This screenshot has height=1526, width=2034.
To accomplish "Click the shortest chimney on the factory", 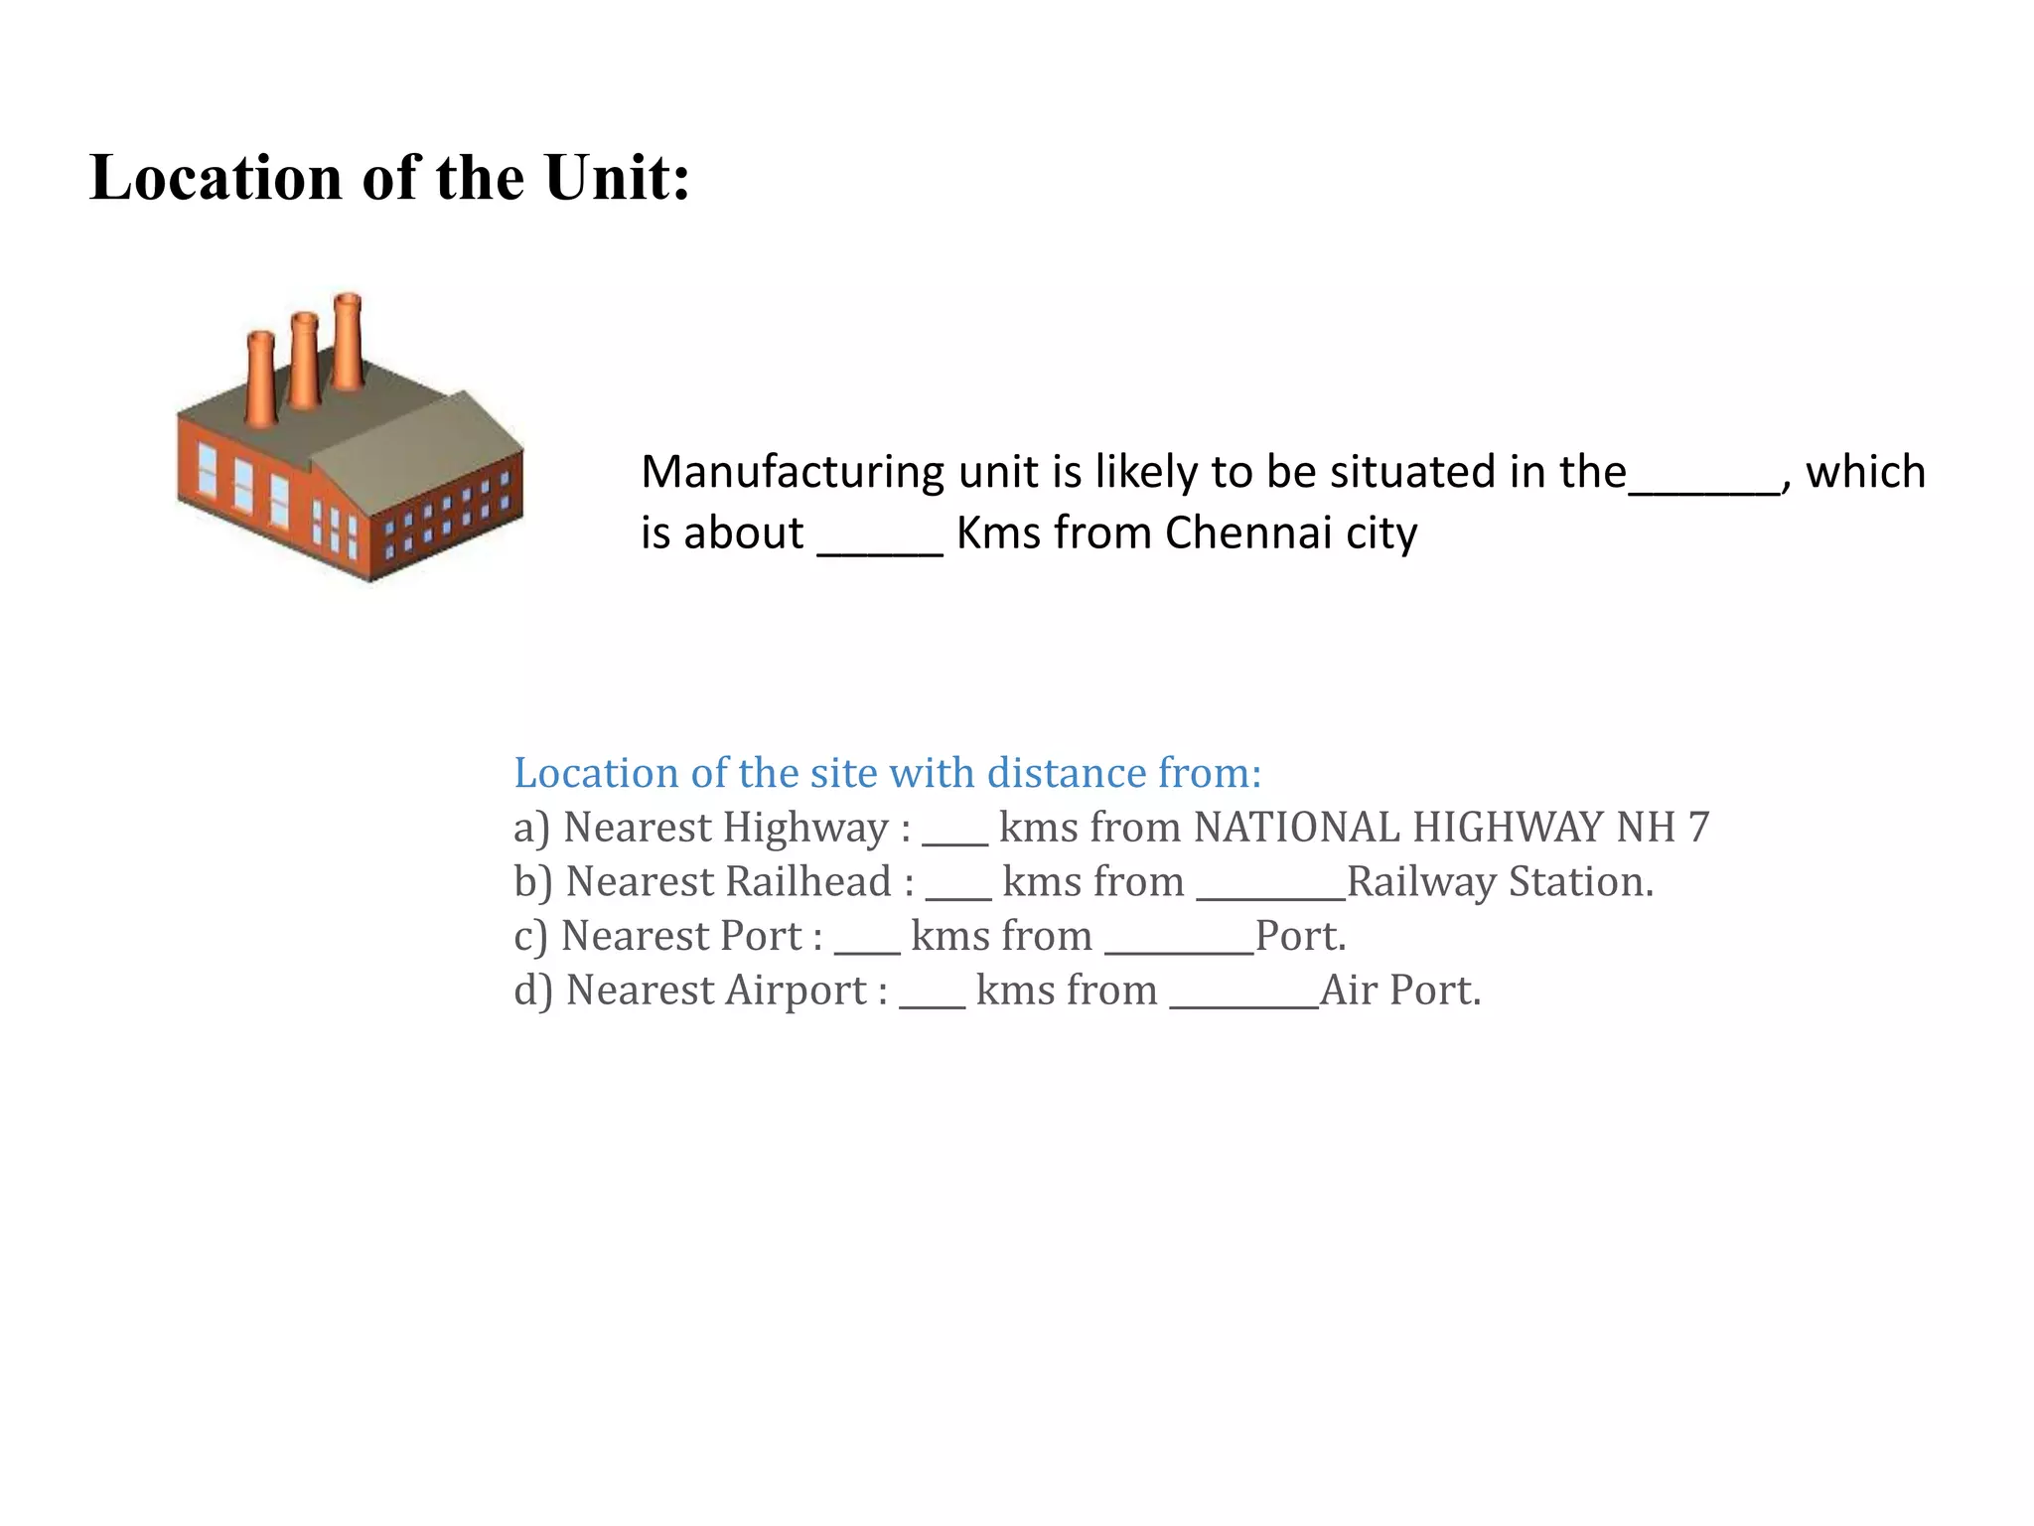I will (x=260, y=379).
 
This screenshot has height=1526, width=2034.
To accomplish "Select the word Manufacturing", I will (x=792, y=473).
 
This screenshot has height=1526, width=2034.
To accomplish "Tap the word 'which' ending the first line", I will (x=1864, y=472).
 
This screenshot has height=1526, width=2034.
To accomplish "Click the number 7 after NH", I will (x=1698, y=828).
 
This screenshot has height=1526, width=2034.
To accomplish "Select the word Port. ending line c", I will (x=1300, y=936).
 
